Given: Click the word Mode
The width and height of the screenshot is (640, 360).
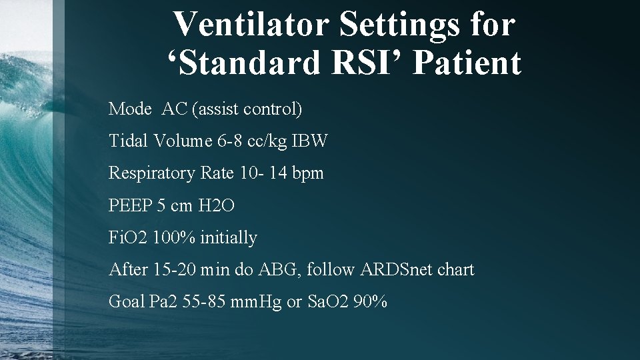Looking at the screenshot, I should (130, 109).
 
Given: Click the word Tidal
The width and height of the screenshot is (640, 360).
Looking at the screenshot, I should (128, 141).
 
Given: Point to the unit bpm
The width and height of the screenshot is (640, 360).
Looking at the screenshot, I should (307, 173).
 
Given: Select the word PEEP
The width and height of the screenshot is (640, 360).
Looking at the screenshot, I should (131, 205).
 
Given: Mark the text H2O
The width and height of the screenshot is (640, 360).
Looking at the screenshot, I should (217, 205).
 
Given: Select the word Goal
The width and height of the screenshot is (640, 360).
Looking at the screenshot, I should (127, 302).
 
